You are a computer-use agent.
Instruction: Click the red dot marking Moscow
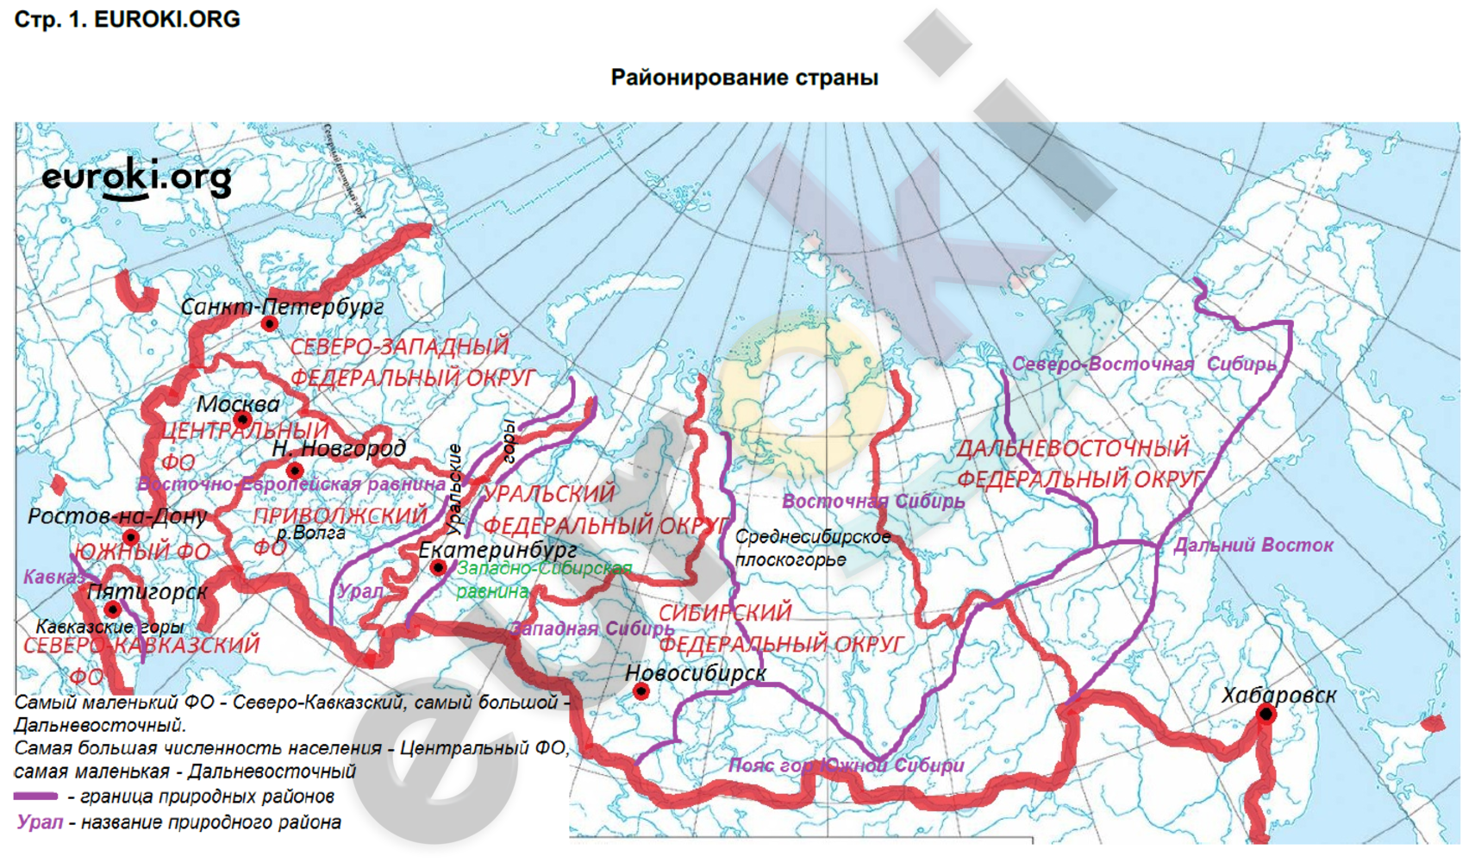tap(242, 420)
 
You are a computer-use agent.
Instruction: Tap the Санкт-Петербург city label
tap(282, 306)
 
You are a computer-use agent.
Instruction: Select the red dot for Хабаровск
tap(1266, 714)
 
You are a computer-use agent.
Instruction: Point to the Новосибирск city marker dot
tap(641, 691)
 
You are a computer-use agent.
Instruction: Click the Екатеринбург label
tap(497, 549)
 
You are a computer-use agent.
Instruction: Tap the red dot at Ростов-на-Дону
tap(131, 538)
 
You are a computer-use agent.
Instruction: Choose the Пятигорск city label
tap(147, 592)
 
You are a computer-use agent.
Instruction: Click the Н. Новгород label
tap(338, 448)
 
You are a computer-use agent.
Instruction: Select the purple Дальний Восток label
tap(1253, 545)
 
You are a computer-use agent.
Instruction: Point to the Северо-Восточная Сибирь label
tap(1143, 364)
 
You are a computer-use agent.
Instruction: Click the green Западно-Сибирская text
tap(544, 568)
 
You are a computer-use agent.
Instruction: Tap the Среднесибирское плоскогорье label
tap(812, 548)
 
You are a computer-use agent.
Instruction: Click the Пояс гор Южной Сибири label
tap(846, 765)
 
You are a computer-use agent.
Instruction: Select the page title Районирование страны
tap(744, 78)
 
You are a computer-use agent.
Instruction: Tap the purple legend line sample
tap(36, 796)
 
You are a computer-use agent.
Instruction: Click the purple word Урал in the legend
tap(40, 822)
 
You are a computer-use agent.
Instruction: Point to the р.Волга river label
tap(310, 533)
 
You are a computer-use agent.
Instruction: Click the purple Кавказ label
tap(50, 577)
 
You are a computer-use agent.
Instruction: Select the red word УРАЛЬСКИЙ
tap(549, 493)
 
